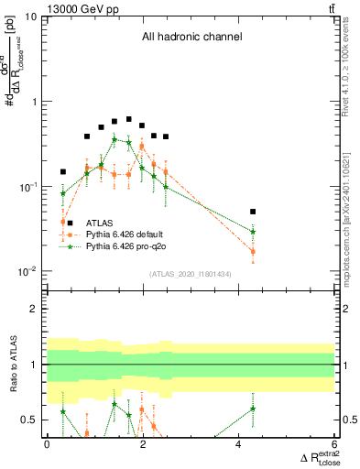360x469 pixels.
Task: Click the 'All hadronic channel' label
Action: coord(191,38)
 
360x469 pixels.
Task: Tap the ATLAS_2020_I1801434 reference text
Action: coord(191,274)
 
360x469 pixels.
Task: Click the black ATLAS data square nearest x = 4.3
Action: coord(253,212)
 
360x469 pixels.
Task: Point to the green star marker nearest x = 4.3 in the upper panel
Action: coord(253,232)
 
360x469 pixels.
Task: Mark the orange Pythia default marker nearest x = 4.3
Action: coord(253,251)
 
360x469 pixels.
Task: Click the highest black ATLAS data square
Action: coord(129,119)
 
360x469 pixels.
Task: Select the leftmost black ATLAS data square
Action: coord(63,171)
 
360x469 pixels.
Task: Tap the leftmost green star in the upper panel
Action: coord(63,193)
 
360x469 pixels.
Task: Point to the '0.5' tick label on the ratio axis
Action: coord(28,420)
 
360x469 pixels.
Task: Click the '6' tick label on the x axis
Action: coord(335,443)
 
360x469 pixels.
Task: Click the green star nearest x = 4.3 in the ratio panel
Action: coord(253,409)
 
